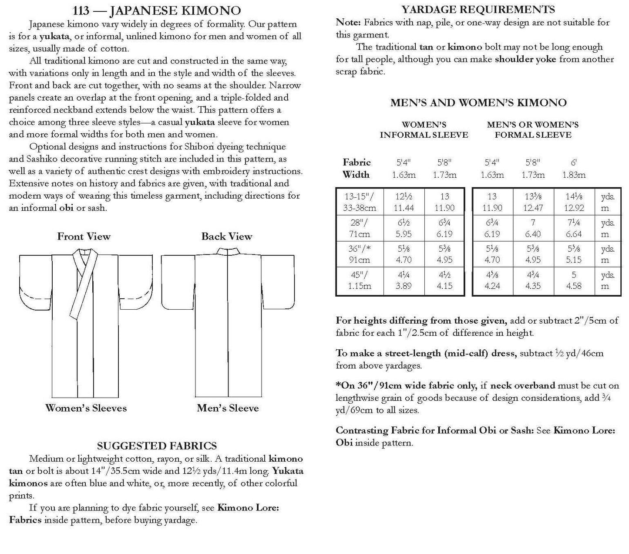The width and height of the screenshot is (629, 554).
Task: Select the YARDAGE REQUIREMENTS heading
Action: [478, 9]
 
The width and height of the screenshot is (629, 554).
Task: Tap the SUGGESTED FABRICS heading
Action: [156, 446]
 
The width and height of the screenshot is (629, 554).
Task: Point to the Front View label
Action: [84, 236]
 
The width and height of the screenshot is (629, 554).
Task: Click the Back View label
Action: [226, 236]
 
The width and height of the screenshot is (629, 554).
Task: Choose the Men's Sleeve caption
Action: [228, 408]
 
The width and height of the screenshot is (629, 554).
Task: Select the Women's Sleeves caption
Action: [86, 408]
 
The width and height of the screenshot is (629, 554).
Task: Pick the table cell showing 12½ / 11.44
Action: [403, 202]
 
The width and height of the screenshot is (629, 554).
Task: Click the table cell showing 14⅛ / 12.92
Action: [574, 202]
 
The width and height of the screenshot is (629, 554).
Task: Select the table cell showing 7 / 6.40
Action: [533, 228]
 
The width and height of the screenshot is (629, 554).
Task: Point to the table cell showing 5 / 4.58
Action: [574, 280]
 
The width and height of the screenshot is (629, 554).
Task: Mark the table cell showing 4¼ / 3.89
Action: [403, 280]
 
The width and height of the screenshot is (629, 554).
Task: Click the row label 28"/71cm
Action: [360, 228]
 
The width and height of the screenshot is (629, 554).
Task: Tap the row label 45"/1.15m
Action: [360, 280]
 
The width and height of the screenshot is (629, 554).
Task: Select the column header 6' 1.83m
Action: [574, 169]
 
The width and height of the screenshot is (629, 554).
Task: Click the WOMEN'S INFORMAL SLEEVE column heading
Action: [424, 130]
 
